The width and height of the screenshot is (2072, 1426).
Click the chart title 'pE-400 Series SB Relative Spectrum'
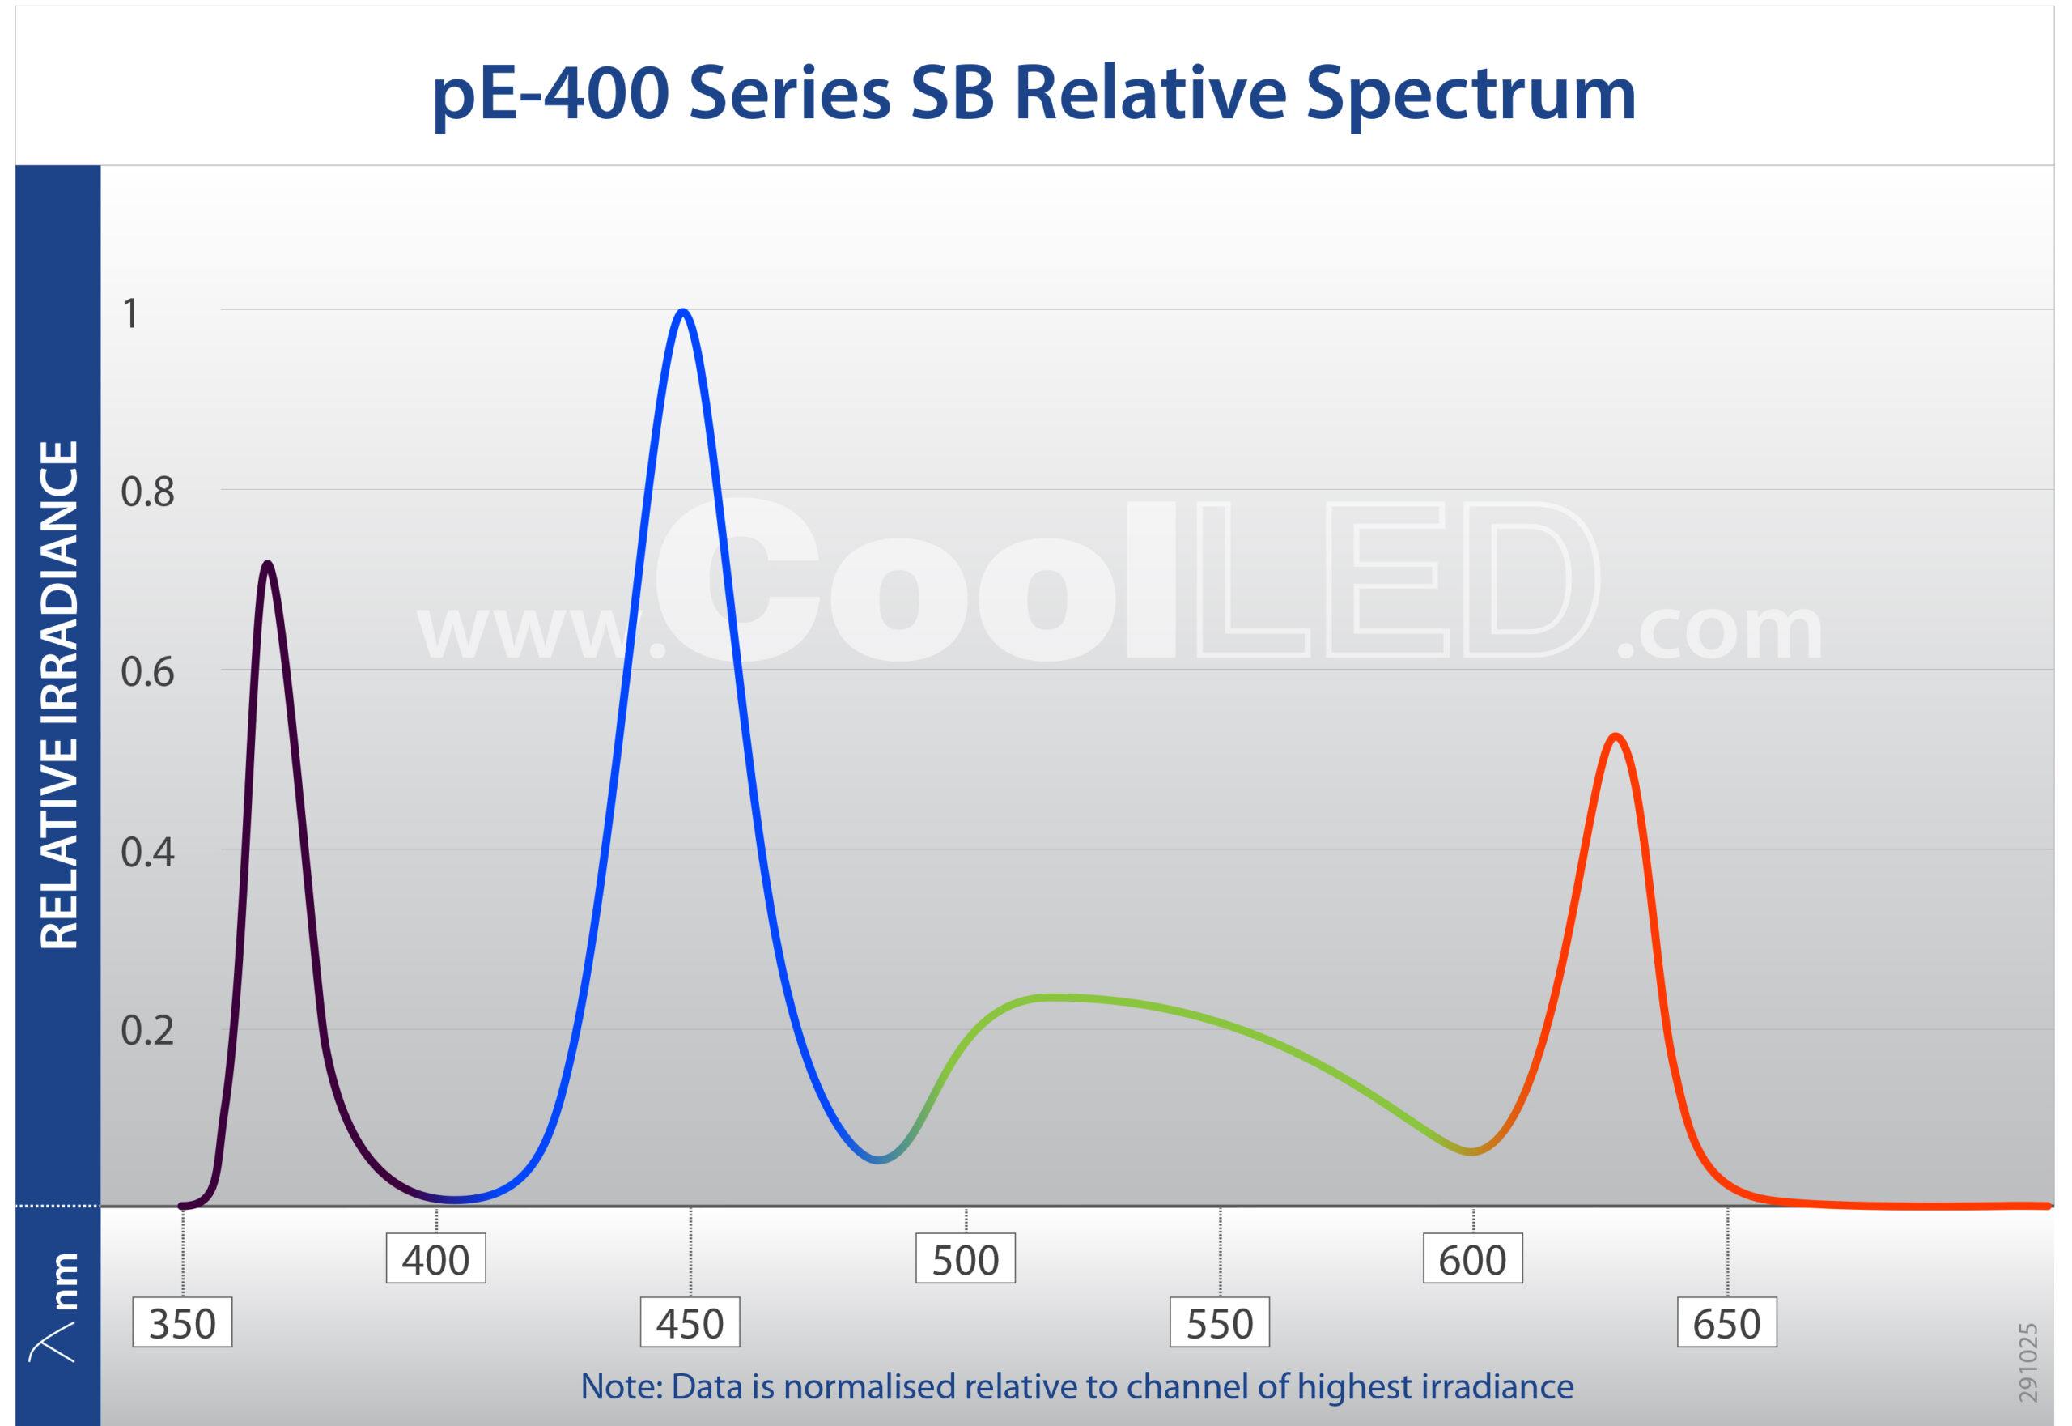click(x=1034, y=94)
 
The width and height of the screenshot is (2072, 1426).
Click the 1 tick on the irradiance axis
click(x=131, y=314)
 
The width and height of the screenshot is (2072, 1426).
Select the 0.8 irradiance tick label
click(x=147, y=493)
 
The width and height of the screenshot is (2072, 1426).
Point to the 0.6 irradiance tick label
click(x=147, y=673)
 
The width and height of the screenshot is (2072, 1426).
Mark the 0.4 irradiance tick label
click(x=147, y=853)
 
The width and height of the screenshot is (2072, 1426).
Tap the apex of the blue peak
click(x=683, y=312)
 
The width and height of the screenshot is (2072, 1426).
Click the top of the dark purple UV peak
click(x=267, y=564)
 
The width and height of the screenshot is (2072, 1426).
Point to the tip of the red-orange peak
click(x=1616, y=737)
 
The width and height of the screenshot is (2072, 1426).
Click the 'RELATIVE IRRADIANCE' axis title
click(x=60, y=694)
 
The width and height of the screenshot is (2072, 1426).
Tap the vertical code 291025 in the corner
click(x=2028, y=1363)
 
